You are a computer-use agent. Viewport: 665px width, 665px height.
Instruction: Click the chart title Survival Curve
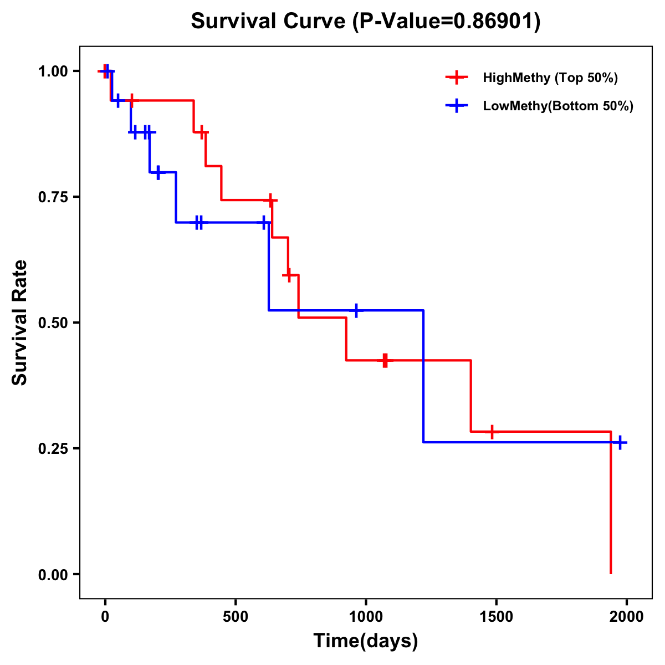click(366, 21)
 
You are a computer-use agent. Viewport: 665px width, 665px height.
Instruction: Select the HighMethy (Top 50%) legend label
click(550, 78)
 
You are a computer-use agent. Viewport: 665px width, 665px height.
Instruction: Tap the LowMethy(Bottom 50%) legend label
click(558, 106)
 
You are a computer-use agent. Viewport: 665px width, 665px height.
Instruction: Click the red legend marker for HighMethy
click(456, 78)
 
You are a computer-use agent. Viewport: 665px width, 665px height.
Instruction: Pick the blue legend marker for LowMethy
click(456, 106)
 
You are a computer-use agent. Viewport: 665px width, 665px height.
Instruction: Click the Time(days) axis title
click(366, 641)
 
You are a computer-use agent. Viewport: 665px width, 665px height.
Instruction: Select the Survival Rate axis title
click(20, 323)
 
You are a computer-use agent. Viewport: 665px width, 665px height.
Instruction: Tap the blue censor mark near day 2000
click(620, 442)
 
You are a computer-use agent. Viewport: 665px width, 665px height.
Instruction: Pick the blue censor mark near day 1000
click(356, 310)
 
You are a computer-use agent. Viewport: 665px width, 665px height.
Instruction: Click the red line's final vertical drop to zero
click(611, 504)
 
